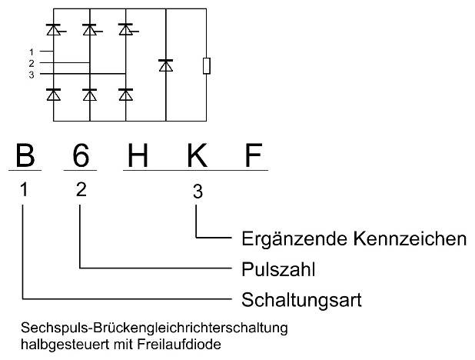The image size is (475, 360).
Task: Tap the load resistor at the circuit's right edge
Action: [206, 65]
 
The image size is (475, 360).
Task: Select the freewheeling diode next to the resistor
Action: [165, 65]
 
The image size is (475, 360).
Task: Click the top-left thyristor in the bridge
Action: [54, 30]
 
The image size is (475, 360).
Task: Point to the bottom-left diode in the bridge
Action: [54, 94]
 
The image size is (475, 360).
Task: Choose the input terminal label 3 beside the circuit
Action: [31, 74]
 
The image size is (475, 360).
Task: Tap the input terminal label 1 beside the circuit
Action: [31, 51]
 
